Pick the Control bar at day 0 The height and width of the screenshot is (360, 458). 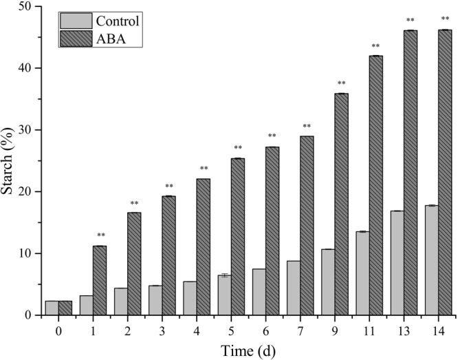(x=52, y=308)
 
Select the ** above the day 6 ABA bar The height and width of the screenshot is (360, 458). (x=272, y=136)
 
